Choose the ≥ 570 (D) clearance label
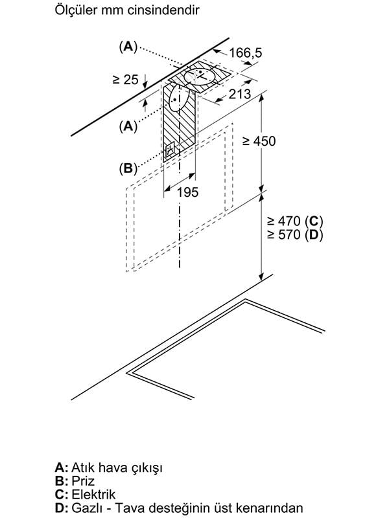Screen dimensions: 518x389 coord(295,235)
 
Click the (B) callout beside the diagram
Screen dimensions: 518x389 coord(128,168)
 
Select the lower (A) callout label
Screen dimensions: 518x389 coord(128,127)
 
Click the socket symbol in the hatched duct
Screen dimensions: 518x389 coord(171,151)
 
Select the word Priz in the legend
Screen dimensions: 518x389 coord(83,480)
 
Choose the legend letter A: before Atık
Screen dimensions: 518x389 coord(62,466)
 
